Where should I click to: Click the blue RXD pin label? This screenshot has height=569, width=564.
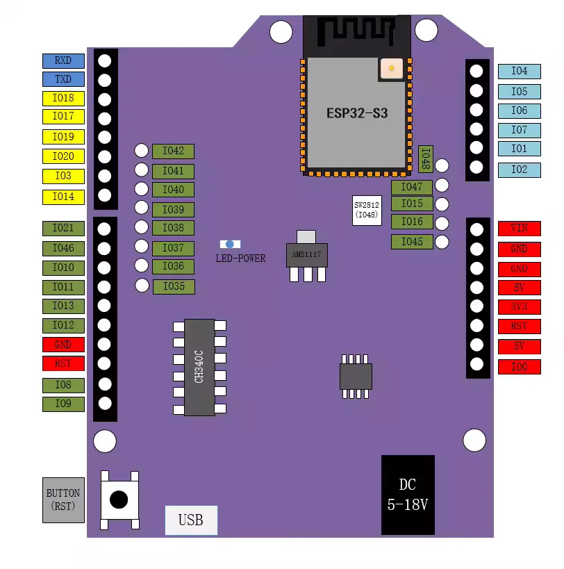coord(63,61)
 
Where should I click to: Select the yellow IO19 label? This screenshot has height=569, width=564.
coord(63,137)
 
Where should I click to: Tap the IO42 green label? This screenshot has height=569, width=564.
coord(173,151)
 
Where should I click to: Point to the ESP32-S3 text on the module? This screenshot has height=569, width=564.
coord(357,113)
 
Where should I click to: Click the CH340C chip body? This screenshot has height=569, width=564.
coord(199,368)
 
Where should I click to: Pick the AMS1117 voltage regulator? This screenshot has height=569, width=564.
coord(307,256)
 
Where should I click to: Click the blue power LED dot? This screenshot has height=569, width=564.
coord(230,245)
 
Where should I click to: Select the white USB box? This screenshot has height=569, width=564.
coord(191,520)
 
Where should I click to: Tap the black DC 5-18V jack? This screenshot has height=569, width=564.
coord(408,495)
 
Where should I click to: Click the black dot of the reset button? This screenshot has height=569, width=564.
coord(119,500)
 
